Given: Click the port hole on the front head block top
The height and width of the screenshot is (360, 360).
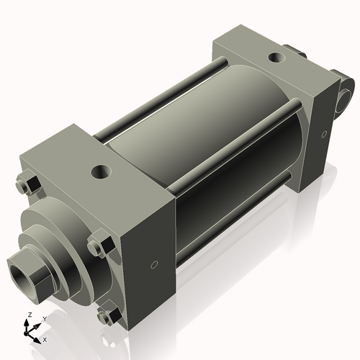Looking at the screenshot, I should pos(99,173).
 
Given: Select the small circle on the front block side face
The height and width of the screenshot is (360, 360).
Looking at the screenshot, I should pos(152,264).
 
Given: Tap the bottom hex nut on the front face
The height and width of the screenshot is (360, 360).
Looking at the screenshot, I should pos(107,315).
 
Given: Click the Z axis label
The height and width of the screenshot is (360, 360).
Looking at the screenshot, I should pos(28,315).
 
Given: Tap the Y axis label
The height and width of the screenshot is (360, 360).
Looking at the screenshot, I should pos(44,318).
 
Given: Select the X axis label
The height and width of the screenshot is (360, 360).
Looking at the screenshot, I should pos(45,338).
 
